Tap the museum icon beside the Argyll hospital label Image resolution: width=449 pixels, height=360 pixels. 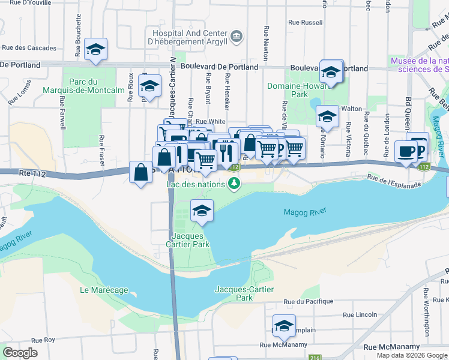pyautogui.click(x=237, y=37)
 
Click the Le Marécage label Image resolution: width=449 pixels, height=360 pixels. pyautogui.click(x=104, y=290)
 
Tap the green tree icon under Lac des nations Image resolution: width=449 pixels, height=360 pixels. pyautogui.click(x=235, y=184)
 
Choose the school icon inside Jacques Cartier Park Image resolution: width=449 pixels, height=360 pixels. pyautogui.click(x=202, y=211)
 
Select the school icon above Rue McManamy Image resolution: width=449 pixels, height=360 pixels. pyautogui.click(x=284, y=326)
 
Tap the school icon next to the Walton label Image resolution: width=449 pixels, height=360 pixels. pyautogui.click(x=327, y=115)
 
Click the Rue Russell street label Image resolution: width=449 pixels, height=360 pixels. pyautogui.click(x=306, y=23)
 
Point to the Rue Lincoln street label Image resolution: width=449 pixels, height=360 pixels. pyautogui.click(x=360, y=314)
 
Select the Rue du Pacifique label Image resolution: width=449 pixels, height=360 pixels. pyautogui.click(x=308, y=302)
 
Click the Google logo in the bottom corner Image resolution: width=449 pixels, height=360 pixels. pyautogui.click(x=20, y=353)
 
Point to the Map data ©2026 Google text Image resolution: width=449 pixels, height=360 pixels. pyautogui.click(x=412, y=355)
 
